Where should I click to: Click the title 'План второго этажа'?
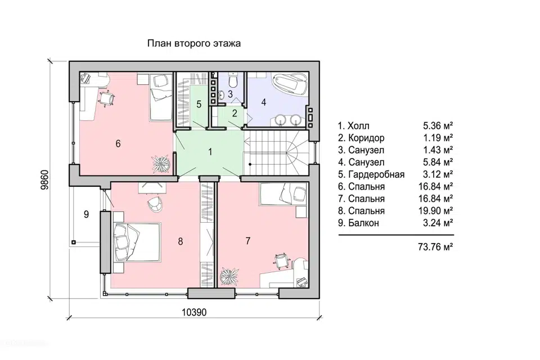194,43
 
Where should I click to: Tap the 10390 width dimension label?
194,312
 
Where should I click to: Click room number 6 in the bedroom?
118,143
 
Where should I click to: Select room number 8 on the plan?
181,241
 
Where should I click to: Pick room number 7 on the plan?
248,240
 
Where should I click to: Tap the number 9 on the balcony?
86,214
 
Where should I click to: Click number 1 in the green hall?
210,151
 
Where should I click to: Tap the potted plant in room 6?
161,163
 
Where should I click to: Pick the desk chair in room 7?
281,260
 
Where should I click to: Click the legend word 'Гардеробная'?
376,175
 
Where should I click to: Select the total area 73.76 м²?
435,247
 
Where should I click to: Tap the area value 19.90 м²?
435,210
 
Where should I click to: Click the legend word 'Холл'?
358,126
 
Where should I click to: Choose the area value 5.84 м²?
438,162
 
